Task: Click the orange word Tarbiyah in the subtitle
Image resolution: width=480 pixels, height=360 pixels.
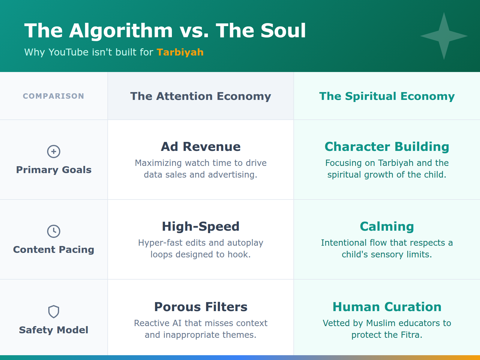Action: tap(180, 52)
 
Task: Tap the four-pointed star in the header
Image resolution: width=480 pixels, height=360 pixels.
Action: tap(444, 36)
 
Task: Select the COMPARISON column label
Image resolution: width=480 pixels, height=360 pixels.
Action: tap(53, 96)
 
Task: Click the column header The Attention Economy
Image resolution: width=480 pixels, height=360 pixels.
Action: tap(200, 96)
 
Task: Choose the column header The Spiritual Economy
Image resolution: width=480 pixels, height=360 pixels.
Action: tap(387, 96)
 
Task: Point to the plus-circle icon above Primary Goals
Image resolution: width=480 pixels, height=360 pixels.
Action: tap(54, 151)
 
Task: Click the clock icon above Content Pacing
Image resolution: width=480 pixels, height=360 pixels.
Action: tap(54, 231)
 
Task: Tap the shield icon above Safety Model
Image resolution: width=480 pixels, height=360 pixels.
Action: tap(54, 312)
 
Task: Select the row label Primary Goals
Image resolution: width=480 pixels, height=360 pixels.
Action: tap(54, 170)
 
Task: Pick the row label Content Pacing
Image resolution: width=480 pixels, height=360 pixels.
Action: tap(54, 250)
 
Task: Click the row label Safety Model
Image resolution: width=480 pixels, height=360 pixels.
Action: tap(54, 330)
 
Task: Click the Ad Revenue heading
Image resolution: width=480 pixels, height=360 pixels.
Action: tap(200, 147)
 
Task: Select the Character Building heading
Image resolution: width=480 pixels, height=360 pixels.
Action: tap(387, 147)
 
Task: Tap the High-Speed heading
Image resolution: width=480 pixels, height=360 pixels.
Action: tap(200, 226)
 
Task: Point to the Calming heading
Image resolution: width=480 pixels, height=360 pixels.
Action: tap(387, 226)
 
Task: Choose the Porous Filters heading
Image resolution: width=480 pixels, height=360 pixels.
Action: tap(200, 307)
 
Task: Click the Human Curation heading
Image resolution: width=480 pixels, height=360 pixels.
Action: tap(387, 307)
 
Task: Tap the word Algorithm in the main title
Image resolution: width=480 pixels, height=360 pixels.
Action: tap(121, 31)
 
